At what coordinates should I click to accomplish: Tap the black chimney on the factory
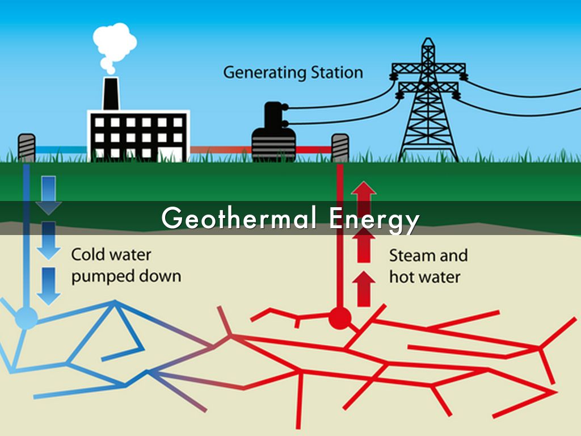tap(111, 94)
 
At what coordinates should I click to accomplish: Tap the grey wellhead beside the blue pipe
tap(27, 148)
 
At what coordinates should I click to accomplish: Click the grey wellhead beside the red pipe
tap(340, 148)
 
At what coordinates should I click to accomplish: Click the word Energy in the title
tap(374, 220)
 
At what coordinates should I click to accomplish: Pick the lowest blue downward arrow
tap(49, 286)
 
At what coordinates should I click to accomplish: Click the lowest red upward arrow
tap(364, 289)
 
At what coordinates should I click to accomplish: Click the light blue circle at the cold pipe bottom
tap(26, 318)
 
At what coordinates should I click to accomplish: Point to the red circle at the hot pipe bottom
tap(340, 318)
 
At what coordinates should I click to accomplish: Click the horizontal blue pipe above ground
tap(61, 150)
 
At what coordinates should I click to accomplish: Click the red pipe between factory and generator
tap(221, 150)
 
